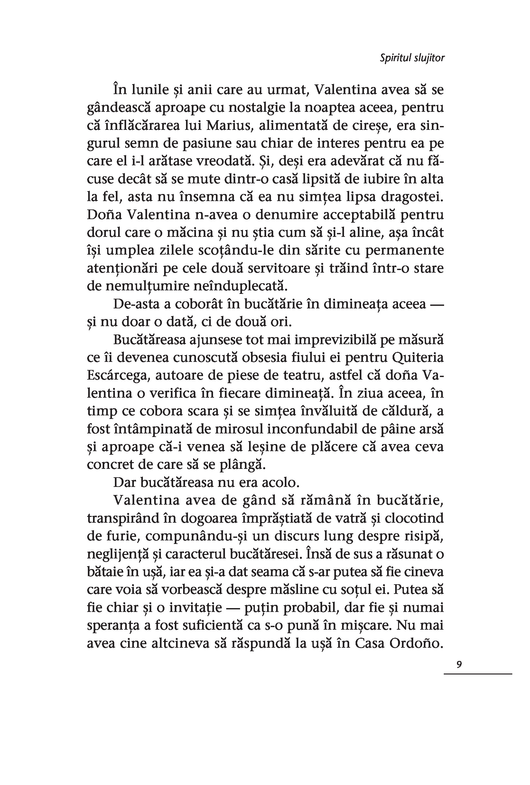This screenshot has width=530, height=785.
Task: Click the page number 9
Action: pyautogui.click(x=459, y=664)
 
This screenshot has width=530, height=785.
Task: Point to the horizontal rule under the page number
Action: pyautogui.click(x=477, y=674)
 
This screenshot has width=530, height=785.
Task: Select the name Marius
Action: pyautogui.click(x=229, y=125)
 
